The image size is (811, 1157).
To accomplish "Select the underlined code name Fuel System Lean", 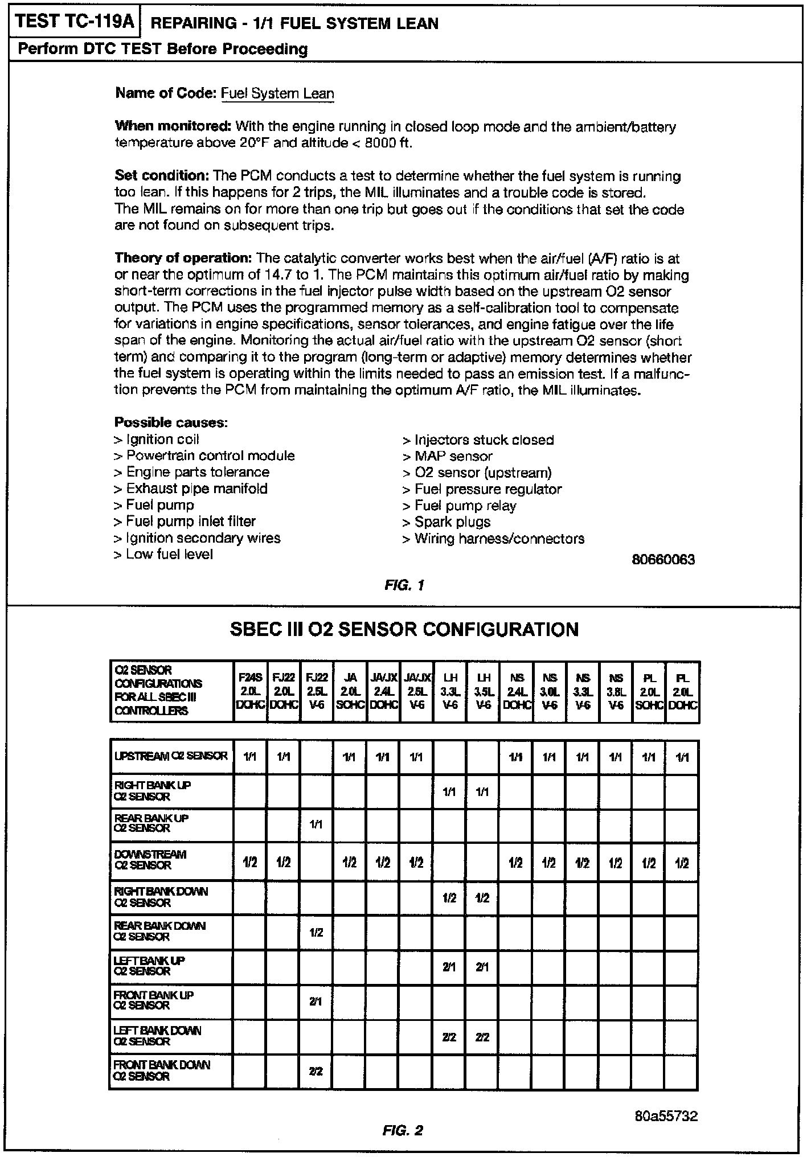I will pos(277,93).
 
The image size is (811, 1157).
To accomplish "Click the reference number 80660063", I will pos(663,560).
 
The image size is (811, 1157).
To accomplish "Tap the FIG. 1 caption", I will pos(404,585).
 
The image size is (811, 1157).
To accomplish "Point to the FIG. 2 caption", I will pos(403,1130).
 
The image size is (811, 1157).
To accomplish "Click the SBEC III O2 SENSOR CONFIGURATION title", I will pos(404,629).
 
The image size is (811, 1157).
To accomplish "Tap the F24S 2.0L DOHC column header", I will pos(250,691).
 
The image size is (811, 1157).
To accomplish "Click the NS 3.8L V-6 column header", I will pos(616,691).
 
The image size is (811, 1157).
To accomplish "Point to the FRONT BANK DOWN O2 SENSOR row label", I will pos(162,1070).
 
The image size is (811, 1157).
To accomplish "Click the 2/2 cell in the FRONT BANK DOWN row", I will pos(316,1071).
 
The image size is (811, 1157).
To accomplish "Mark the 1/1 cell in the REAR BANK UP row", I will pos(316,824).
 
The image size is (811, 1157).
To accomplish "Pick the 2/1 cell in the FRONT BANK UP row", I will pos(316,1002).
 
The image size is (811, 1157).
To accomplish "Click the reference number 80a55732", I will pos(666,1116).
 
